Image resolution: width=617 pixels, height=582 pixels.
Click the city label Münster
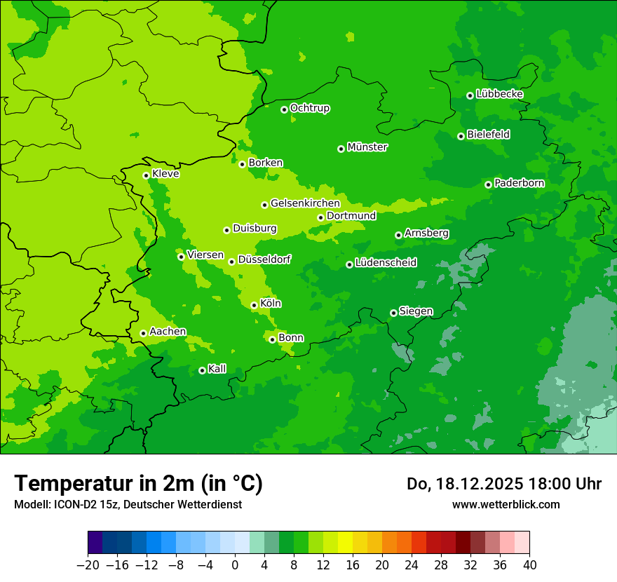[x=367, y=147]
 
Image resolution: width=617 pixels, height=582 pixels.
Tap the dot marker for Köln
[x=254, y=305]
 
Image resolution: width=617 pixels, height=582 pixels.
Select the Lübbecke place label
[x=499, y=94]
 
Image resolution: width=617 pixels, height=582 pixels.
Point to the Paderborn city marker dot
[x=488, y=184]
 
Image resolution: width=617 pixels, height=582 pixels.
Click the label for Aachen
[x=168, y=332]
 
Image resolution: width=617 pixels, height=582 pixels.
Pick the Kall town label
[x=217, y=369]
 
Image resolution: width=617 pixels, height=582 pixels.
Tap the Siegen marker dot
[x=393, y=313]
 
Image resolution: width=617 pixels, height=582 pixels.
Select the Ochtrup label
[x=310, y=108]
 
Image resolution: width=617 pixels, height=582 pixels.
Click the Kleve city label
[x=165, y=174]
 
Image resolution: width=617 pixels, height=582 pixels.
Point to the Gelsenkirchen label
[x=305, y=203]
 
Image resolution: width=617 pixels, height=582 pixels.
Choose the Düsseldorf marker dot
[x=231, y=262]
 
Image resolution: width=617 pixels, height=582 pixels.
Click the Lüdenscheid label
[x=386, y=263]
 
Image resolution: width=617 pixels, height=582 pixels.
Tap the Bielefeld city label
[x=488, y=135]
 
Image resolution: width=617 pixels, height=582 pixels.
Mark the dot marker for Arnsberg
[x=398, y=235]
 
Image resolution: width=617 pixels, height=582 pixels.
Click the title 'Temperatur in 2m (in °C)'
[x=138, y=483]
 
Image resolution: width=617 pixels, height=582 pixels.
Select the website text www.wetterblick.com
[x=506, y=504]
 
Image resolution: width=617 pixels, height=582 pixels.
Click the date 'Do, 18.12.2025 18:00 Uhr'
[x=503, y=484]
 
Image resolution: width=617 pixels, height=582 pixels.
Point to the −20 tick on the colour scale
[x=88, y=565]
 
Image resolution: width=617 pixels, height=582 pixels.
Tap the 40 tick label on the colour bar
[x=529, y=565]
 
